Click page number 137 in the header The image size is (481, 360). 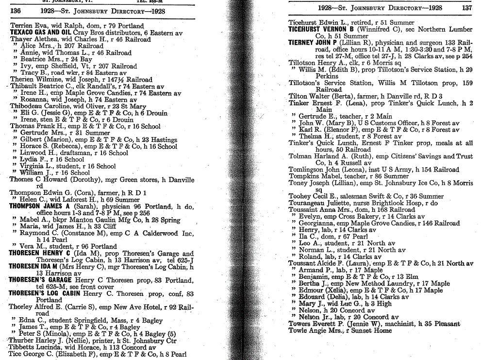pos(466,8)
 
